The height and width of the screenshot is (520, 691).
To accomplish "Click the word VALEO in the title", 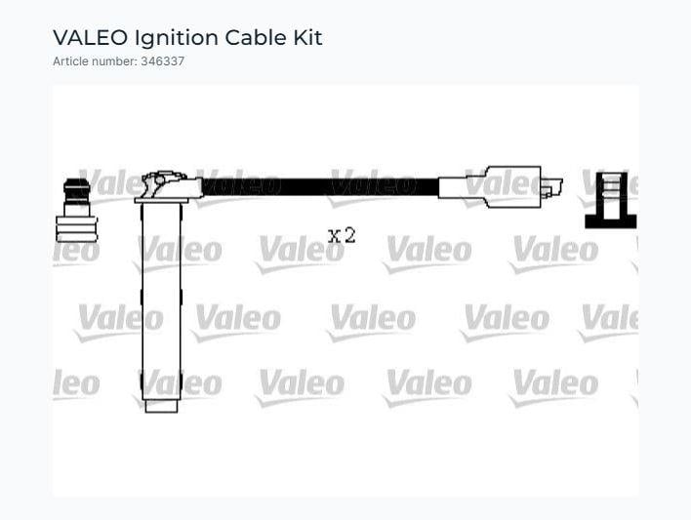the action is point(90,37).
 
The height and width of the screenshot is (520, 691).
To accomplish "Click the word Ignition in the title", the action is point(177,38).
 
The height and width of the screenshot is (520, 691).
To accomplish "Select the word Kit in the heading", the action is point(308,37).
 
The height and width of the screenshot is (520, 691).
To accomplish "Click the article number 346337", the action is point(163,61).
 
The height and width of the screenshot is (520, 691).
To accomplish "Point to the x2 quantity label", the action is point(342,236).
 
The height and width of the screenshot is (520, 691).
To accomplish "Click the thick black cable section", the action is point(320,187).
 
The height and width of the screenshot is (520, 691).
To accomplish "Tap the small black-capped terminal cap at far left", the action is point(77,210).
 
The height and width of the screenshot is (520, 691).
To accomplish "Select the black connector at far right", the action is point(611,201).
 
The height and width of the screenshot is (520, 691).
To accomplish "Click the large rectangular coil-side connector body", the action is point(513,186).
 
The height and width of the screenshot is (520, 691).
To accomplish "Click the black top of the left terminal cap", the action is point(77,190).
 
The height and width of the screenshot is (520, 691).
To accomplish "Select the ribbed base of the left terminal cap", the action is point(77,229).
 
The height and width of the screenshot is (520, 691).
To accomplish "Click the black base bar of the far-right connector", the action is point(611,221).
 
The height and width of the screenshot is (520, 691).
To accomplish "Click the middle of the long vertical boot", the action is point(161,301).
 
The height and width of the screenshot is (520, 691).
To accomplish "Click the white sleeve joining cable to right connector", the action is point(462,187).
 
